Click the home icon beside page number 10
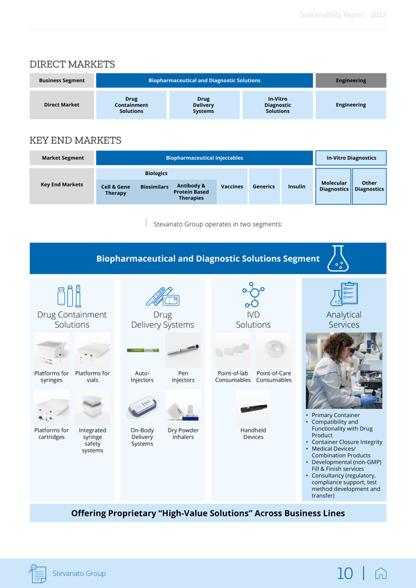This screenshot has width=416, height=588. click(x=381, y=573)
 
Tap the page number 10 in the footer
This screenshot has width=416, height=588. click(x=344, y=573)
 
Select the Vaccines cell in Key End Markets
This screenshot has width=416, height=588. click(x=231, y=186)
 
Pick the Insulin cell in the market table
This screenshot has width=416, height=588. click(x=296, y=186)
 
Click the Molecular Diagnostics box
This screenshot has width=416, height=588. click(x=334, y=186)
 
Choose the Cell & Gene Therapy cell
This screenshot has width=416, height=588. click(x=116, y=190)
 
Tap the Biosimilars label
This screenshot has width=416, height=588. click(x=154, y=186)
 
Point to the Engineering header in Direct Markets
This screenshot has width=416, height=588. click(x=350, y=80)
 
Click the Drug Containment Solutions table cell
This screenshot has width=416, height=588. click(x=131, y=105)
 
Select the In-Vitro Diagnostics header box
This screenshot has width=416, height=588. click(x=351, y=158)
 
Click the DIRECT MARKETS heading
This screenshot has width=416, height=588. click(x=72, y=64)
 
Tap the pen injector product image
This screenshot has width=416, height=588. click(x=183, y=350)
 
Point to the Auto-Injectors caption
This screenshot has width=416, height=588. click(x=142, y=376)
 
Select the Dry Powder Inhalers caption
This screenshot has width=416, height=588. click(x=183, y=434)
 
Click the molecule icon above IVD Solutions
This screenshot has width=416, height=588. click(x=253, y=295)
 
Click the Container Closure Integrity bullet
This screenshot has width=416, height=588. click(x=346, y=442)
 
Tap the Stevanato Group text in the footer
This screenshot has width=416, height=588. click(x=79, y=573)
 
